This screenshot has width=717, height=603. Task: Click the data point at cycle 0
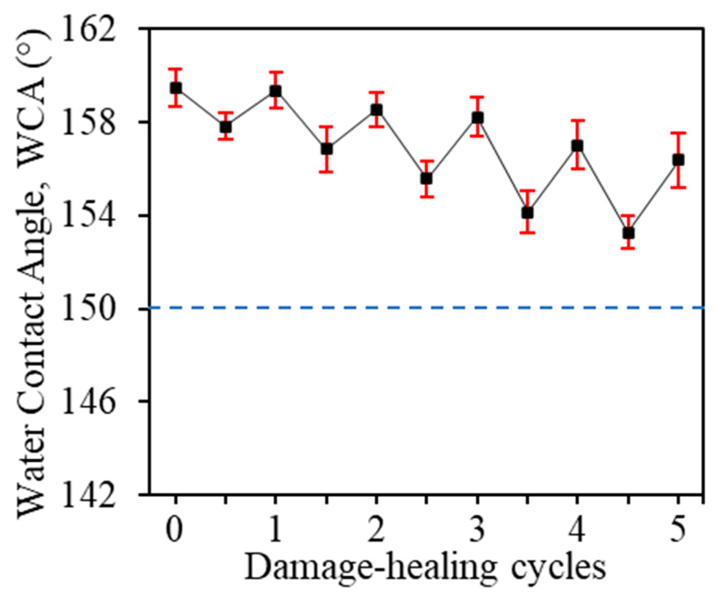pos(176,88)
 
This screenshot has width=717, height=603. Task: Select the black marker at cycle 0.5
pos(226,127)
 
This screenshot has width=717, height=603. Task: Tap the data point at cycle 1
pos(276,91)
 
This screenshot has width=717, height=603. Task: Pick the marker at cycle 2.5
pos(426,179)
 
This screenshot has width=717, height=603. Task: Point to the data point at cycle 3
pos(477,118)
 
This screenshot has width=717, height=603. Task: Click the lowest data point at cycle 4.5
pos(628,233)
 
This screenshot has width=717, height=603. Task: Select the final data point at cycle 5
pos(678,160)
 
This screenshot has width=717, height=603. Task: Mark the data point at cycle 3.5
pos(527,212)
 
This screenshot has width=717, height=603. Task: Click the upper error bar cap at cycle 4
pos(577,120)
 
